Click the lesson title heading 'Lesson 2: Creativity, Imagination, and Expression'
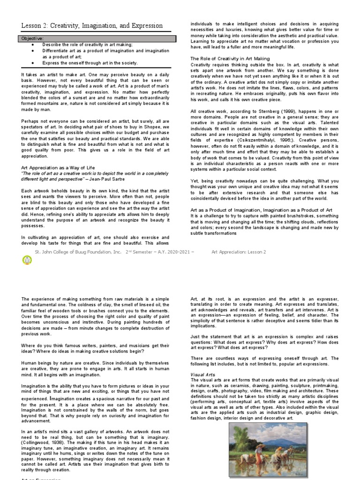(92, 26)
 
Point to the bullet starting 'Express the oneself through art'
(90, 62)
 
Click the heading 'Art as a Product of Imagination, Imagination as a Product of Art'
(262, 210)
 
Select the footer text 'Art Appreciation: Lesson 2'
(239, 252)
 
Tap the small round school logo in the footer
(27, 261)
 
